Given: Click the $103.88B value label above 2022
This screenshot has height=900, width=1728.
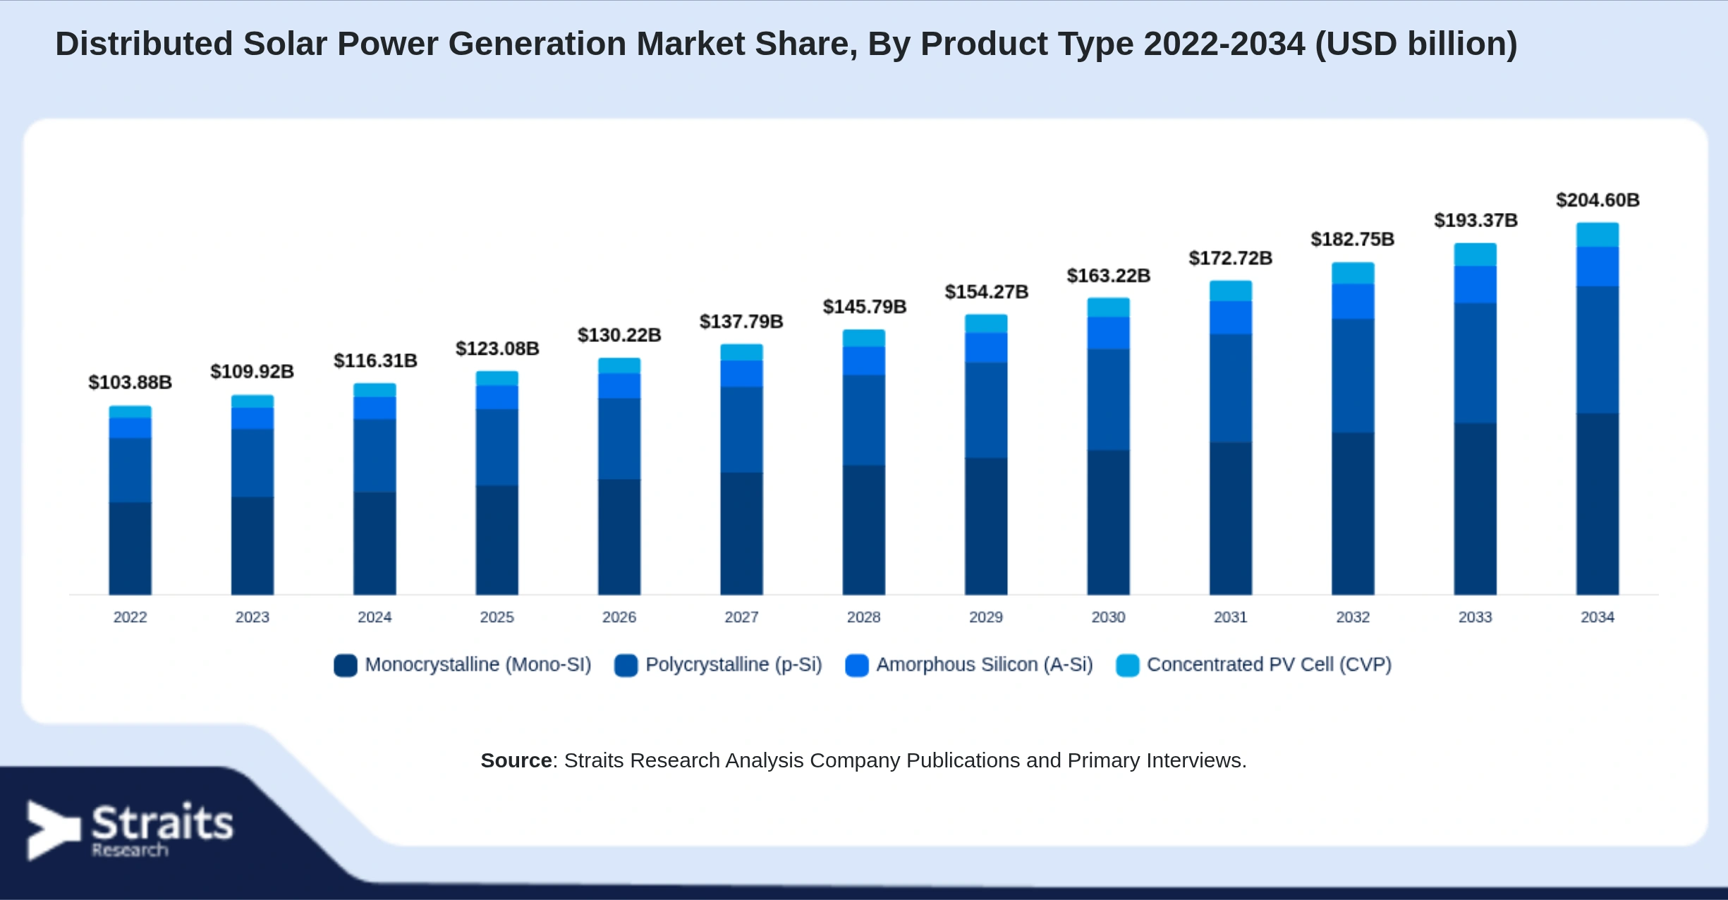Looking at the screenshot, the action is tap(130, 382).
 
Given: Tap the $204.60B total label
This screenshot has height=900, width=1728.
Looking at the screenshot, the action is tap(1598, 200).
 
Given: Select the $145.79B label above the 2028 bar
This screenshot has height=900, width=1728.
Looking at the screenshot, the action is tap(864, 307).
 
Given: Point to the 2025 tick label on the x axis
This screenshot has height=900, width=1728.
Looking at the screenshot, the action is tap(497, 617).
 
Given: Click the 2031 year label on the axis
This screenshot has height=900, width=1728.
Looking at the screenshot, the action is tap(1230, 617).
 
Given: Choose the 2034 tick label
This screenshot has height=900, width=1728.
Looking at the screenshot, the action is tap(1598, 617).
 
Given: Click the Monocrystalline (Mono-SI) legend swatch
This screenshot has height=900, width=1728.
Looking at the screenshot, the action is tap(346, 665).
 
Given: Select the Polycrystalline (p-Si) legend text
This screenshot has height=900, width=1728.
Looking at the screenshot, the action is tap(734, 664).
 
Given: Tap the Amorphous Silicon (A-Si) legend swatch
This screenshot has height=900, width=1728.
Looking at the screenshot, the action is tap(857, 665).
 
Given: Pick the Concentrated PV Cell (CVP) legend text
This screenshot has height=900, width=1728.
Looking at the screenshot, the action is tap(1269, 664).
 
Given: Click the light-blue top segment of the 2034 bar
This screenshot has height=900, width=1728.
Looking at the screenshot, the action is tap(1598, 235).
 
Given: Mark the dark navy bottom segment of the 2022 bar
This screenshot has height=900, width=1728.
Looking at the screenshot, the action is tap(130, 548).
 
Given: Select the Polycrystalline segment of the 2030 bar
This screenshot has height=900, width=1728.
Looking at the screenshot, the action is tap(1108, 399).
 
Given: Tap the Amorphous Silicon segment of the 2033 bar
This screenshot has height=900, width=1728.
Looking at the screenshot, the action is tap(1475, 284).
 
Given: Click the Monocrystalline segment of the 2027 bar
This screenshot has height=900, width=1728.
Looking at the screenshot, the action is tap(741, 533).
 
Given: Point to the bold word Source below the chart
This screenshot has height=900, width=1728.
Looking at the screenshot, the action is tap(516, 760).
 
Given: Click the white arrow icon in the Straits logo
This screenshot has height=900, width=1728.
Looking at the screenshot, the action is tap(53, 830).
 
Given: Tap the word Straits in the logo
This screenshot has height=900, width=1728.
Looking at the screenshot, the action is tap(162, 822).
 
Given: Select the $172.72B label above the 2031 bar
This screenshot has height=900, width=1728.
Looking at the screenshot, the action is tap(1230, 258).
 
